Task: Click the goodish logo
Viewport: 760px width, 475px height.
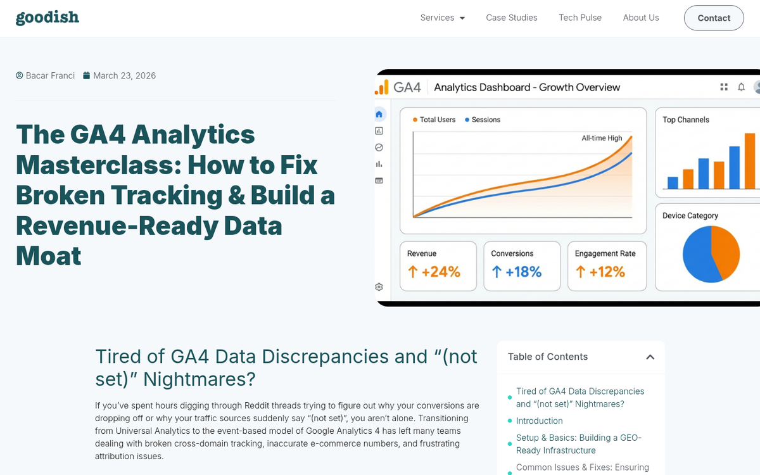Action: tap(47, 17)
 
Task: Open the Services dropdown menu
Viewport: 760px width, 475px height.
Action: tap(442, 18)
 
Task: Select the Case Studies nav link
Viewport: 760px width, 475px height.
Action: tap(511, 18)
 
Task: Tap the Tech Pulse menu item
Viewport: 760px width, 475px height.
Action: tap(579, 18)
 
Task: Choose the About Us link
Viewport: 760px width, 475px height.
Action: tap(640, 18)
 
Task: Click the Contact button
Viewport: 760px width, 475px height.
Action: tap(713, 18)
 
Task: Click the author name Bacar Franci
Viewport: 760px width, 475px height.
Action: tap(50, 76)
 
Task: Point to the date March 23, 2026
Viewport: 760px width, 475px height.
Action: tap(124, 76)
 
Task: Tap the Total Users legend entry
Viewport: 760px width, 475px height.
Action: tap(437, 120)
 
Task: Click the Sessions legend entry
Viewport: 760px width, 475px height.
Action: tap(486, 120)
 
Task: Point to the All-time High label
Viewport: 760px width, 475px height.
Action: tap(602, 138)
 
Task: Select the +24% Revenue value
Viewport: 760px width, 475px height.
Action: tap(434, 272)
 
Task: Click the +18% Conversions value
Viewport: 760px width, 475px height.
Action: tap(517, 272)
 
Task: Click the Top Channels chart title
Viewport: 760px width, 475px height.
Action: tap(685, 120)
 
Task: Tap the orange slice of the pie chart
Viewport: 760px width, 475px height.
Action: tap(726, 250)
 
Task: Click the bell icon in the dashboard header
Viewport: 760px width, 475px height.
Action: tap(741, 87)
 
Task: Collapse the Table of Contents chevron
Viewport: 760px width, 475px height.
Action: tap(650, 357)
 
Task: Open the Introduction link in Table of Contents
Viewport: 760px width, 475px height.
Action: tap(539, 421)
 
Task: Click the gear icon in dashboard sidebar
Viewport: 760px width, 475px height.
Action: tap(379, 287)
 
